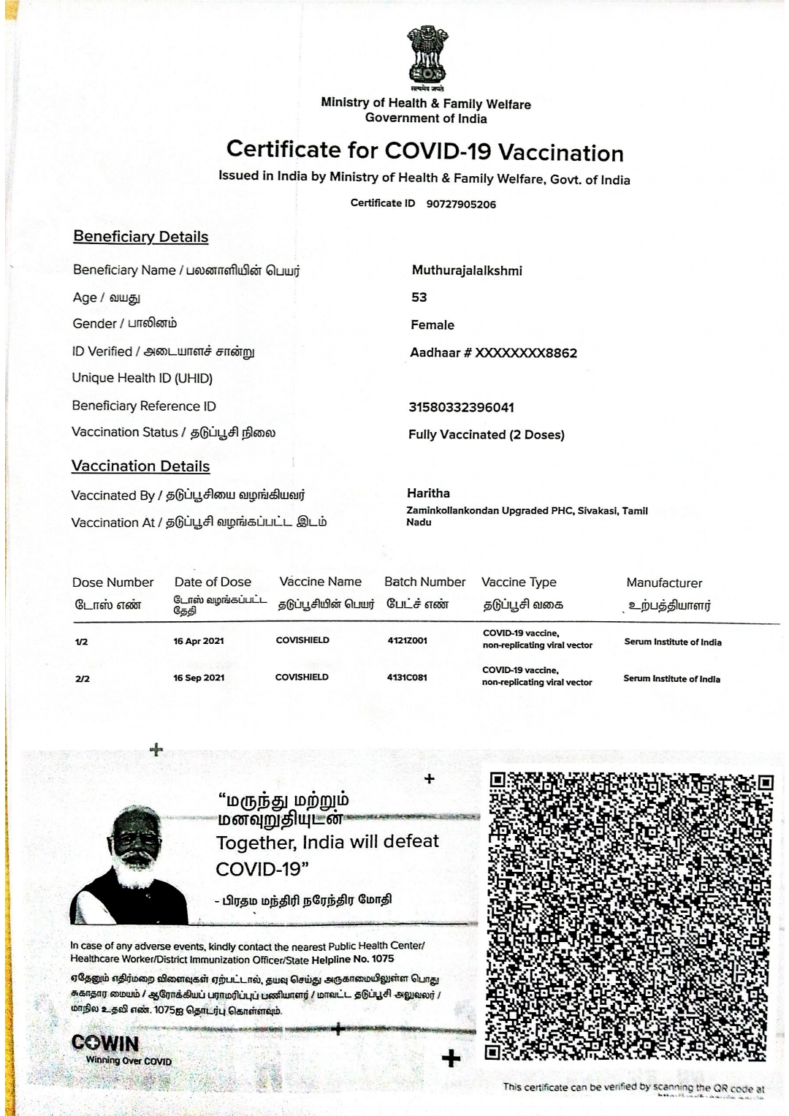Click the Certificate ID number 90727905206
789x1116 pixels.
click(x=461, y=205)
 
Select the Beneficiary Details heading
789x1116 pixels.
click(x=140, y=237)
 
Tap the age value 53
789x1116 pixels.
click(x=419, y=297)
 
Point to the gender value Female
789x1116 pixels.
click(x=432, y=325)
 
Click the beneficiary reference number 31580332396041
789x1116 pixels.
click(x=461, y=407)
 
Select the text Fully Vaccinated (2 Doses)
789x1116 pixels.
click(x=487, y=435)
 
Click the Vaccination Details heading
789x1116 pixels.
click(x=140, y=466)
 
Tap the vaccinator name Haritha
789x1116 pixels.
click(x=429, y=493)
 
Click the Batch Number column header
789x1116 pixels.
click(x=424, y=582)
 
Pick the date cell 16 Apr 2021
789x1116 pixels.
click(x=199, y=641)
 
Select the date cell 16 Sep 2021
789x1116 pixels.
click(x=199, y=678)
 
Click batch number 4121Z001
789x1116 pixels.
click(x=408, y=641)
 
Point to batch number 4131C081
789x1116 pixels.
click(x=407, y=677)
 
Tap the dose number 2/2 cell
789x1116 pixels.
click(x=83, y=679)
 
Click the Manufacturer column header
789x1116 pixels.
click(x=664, y=583)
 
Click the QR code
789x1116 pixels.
click(x=628, y=916)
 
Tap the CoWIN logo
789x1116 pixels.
click(x=106, y=1043)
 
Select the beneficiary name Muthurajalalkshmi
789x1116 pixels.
click(x=467, y=271)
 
